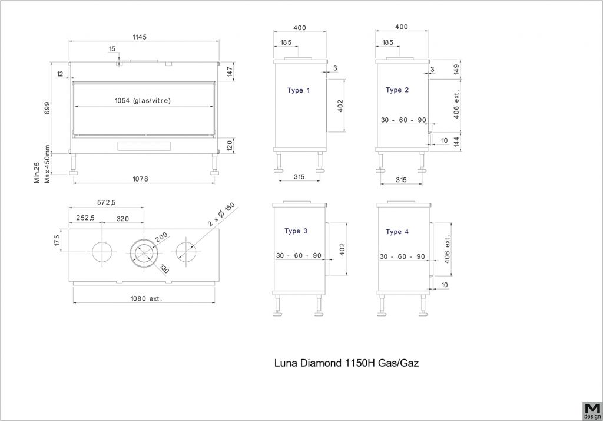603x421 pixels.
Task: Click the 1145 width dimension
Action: (140, 37)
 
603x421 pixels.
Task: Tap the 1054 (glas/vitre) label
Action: (143, 101)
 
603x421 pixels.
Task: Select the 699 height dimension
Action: (47, 108)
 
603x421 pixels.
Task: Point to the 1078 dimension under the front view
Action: (140, 179)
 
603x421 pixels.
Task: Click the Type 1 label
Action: (299, 91)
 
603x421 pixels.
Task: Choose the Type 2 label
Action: (397, 90)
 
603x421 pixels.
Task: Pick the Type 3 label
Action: (296, 231)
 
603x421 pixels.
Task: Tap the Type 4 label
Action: (397, 232)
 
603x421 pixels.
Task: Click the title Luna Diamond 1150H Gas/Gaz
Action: (346, 363)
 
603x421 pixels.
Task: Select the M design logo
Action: (592, 411)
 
